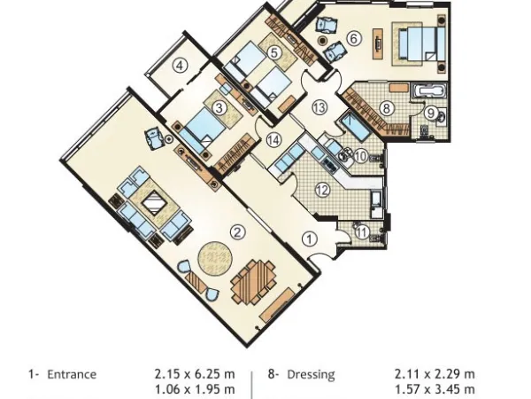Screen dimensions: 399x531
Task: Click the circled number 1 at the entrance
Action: coord(309,238)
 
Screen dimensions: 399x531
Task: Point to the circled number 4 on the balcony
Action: coord(180,65)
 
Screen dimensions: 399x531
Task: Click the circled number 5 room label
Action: coord(274,53)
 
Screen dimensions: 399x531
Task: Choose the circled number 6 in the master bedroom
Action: coord(353,38)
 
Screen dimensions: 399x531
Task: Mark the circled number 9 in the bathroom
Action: coord(430,113)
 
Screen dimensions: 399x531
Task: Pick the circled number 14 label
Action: coord(273,140)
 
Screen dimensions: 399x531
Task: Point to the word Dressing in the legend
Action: coord(311,374)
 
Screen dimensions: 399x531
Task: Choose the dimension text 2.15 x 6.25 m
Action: coord(195,374)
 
